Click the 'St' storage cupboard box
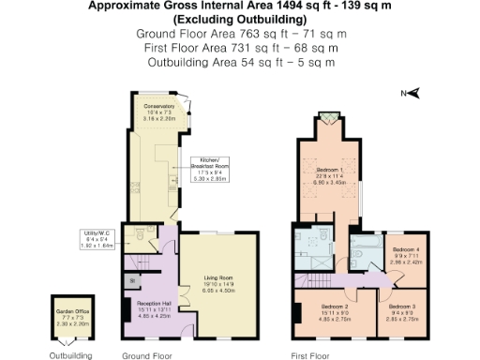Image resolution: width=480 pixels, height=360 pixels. point(130,280)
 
